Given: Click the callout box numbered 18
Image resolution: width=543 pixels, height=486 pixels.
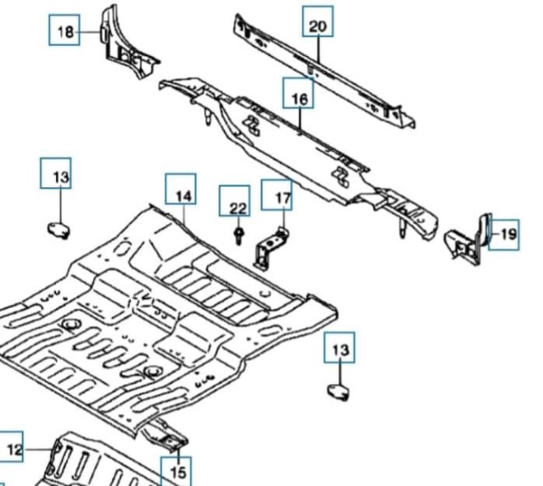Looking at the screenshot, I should click(65, 32).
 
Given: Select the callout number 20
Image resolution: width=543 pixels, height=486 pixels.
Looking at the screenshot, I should click(317, 26).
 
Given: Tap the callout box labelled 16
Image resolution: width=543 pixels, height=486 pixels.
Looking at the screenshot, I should click(299, 99).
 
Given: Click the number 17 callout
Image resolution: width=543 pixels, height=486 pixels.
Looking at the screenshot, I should click(283, 200).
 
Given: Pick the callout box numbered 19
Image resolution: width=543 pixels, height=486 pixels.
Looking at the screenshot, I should click(507, 234).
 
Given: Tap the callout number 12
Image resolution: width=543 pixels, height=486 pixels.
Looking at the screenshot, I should click(14, 449).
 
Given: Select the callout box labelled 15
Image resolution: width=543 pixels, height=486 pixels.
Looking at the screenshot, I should click(177, 471).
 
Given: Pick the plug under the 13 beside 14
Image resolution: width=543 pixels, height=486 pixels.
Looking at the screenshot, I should click(58, 227).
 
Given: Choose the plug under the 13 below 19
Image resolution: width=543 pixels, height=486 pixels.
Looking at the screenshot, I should click(340, 390).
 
